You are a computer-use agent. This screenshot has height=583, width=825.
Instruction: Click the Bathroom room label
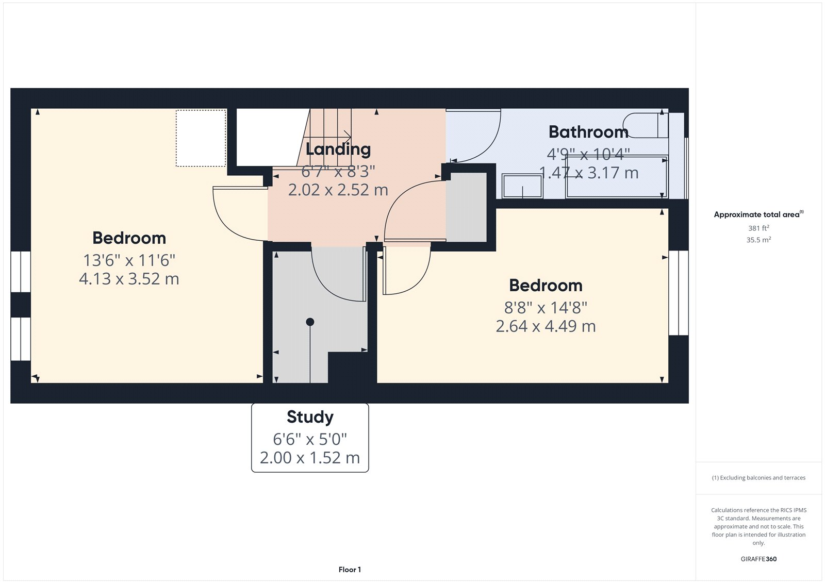click(x=588, y=132)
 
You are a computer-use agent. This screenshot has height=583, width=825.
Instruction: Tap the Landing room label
click(x=338, y=149)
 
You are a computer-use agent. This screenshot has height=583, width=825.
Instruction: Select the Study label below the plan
click(x=310, y=417)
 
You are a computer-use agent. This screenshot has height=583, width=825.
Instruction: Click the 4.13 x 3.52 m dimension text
click(x=129, y=279)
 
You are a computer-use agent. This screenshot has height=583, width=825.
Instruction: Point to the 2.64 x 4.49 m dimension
click(x=546, y=326)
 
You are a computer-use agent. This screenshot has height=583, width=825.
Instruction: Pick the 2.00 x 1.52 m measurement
click(x=310, y=458)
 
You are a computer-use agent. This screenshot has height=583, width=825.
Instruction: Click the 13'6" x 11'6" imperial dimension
click(x=129, y=260)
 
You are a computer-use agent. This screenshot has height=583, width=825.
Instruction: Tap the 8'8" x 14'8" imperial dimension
click(x=546, y=308)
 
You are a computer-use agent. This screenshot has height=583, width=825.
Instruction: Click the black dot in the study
click(x=310, y=322)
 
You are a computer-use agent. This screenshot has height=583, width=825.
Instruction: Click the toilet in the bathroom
click(x=645, y=125)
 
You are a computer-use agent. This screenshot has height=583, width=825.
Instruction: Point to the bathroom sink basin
click(x=522, y=186)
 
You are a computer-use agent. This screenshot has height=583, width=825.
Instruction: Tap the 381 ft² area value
click(x=758, y=228)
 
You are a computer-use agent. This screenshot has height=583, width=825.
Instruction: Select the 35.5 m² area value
click(x=758, y=240)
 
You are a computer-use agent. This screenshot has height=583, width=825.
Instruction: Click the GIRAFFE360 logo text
click(x=758, y=559)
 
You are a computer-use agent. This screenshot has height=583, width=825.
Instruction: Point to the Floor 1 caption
click(x=350, y=570)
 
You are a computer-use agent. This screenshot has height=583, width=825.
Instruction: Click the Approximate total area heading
click(x=758, y=214)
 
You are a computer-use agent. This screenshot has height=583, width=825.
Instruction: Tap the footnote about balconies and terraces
click(x=758, y=478)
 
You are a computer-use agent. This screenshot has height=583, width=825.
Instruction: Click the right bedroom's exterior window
click(x=679, y=293)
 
